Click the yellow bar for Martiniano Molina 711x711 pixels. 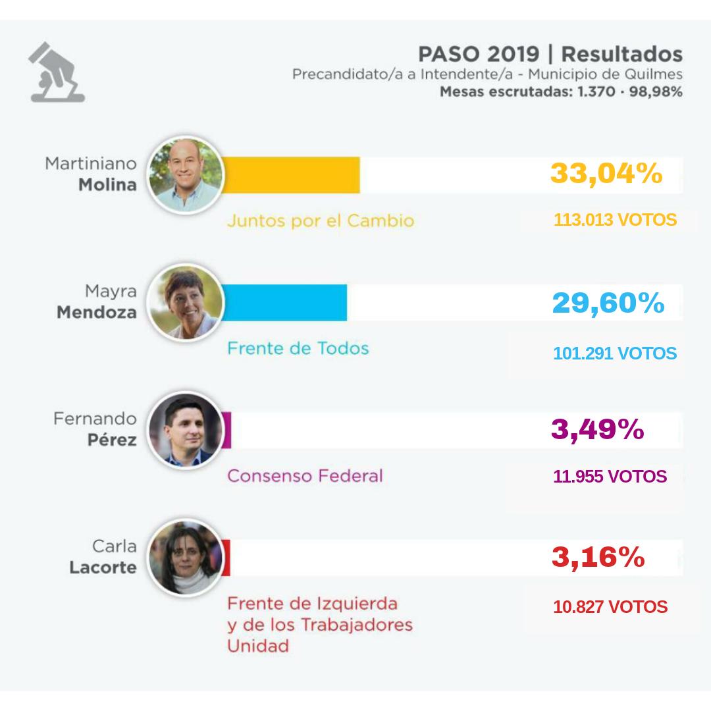tap(293, 175)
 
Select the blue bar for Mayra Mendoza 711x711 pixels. tap(286, 303)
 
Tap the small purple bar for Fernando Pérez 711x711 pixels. tap(227, 431)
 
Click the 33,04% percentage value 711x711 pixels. tap(606, 174)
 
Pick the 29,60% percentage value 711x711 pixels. tap(608, 302)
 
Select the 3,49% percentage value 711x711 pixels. tap(597, 429)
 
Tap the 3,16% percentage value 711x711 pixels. tap(598, 557)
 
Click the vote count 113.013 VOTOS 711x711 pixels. tap(615, 220)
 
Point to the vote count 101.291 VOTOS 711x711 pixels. tap(615, 354)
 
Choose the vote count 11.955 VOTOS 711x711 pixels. tap(610, 476)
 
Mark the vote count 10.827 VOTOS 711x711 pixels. tap(610, 607)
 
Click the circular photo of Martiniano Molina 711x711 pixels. tap(186, 175)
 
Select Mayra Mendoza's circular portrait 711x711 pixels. tap(186, 303)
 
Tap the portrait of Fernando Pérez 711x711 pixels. tap(184, 431)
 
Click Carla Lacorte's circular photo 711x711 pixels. tap(184, 558)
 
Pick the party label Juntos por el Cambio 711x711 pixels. tap(321, 221)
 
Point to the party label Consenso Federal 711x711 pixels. tap(305, 475)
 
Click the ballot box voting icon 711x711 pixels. tap(57, 72)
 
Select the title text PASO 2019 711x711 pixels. tap(479, 54)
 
